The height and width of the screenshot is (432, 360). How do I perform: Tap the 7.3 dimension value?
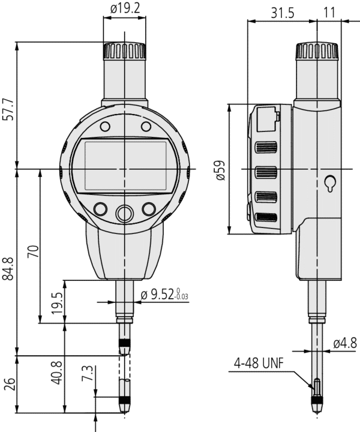tap(88, 374)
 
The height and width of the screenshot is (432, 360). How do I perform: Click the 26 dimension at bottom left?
tap(8, 385)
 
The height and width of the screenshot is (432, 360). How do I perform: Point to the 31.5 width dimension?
tap(282, 12)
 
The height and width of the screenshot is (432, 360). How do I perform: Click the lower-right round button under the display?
tap(149, 209)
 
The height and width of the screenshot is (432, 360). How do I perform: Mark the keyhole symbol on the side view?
tap(329, 184)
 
